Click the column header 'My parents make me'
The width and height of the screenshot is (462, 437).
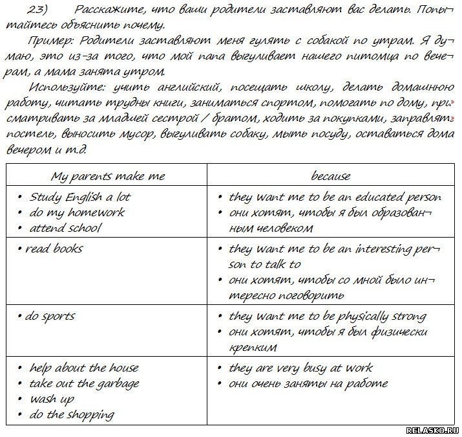coord(107,176)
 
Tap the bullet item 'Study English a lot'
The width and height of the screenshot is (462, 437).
coord(79,197)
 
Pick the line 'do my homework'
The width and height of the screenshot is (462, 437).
coord(77,212)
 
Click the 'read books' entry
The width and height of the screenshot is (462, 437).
coord(54,249)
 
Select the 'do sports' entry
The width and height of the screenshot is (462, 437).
coord(50,316)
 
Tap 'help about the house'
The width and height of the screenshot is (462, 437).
coord(84,368)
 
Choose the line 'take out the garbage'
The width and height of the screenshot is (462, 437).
coord(84,383)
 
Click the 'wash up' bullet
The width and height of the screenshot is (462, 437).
coord(52,399)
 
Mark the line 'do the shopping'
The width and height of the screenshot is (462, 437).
coord(72,415)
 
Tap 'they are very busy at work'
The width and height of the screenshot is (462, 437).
coord(300,368)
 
